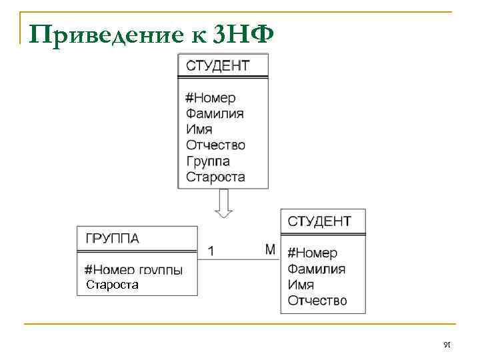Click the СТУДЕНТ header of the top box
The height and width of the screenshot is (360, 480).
coord(218,65)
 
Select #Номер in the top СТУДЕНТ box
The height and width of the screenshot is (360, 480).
coord(210,98)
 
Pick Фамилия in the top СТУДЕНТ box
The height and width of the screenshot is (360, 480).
coord(215,113)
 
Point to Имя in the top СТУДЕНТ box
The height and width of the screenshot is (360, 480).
coord(199,129)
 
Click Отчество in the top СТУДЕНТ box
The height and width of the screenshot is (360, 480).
coord(216,145)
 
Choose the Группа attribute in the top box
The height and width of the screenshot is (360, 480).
coord(208,161)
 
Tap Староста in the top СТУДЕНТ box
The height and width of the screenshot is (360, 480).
coord(215,177)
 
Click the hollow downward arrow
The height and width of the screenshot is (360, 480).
coord(223,203)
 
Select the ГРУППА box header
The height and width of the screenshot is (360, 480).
coord(113,239)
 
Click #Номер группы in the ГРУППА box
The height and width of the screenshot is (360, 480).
coord(133,270)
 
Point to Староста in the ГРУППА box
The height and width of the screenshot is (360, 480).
coord(113,285)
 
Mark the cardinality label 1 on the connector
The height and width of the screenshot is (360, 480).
coord(211,251)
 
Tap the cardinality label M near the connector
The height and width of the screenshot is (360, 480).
coord(270,249)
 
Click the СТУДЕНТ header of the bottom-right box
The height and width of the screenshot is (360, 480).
coord(319,221)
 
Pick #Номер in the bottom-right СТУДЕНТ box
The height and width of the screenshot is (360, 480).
coord(312,253)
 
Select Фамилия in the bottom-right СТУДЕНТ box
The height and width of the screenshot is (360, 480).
coord(317,269)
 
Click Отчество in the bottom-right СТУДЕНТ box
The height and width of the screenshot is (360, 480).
coord(317,301)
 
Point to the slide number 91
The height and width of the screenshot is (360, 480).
coord(447,343)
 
